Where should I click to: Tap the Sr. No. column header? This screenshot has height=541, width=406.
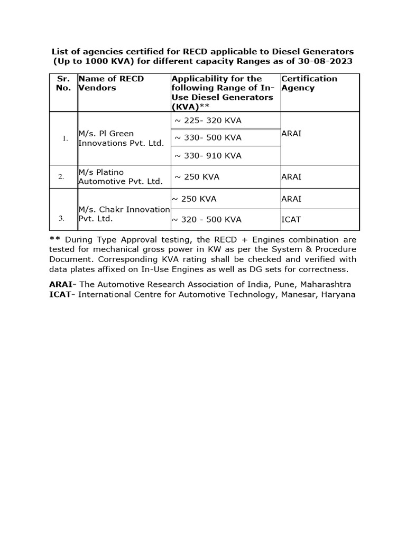[63, 83]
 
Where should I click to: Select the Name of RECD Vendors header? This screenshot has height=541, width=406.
[111, 83]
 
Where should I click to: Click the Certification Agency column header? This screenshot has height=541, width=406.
[309, 83]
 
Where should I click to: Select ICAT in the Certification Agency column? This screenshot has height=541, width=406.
[291, 220]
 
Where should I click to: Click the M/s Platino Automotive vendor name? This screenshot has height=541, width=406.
[120, 177]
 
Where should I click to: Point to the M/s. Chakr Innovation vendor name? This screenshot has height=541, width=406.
[124, 214]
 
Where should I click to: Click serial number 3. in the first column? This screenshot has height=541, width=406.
[61, 218]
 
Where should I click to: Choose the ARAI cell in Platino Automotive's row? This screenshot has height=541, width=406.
[291, 177]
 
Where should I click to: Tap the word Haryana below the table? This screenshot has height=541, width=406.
[337, 294]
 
